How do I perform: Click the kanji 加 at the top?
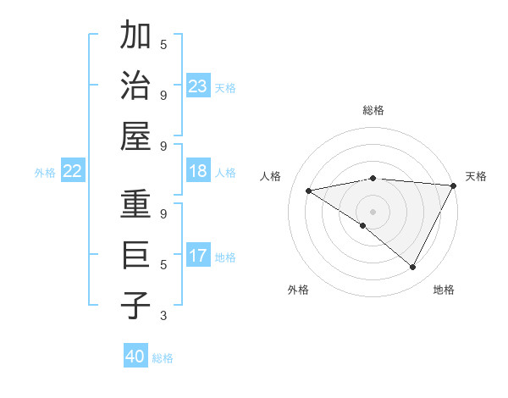point(135,36)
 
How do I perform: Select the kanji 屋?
point(135,135)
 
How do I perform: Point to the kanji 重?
point(135,206)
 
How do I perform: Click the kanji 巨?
point(135,255)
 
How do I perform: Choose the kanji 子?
point(135,305)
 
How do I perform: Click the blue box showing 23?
point(197,86)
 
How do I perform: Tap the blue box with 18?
point(197,172)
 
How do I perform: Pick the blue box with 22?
point(72,172)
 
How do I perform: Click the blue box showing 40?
point(135,357)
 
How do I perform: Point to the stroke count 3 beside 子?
point(163,316)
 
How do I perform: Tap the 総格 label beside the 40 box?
point(163,358)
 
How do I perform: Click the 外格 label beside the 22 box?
point(45,173)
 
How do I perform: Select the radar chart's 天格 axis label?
point(476,176)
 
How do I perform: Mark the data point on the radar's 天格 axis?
point(454,185)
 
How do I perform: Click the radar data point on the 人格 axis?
point(308,191)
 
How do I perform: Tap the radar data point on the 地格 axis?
point(413,268)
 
